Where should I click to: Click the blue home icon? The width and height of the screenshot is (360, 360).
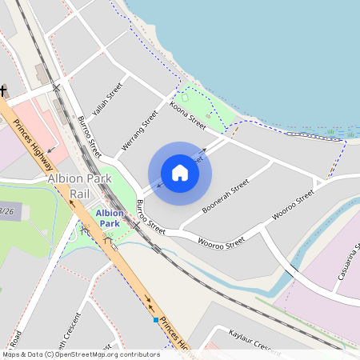click(x=180, y=173)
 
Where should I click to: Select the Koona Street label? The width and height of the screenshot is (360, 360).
click(x=188, y=114)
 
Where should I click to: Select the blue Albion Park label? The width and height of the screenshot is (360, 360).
click(x=110, y=218)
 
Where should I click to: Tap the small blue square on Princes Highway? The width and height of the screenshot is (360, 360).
click(x=156, y=320)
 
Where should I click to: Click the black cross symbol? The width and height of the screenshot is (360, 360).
click(x=3, y=91)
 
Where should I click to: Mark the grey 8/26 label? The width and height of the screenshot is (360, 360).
click(x=8, y=211)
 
